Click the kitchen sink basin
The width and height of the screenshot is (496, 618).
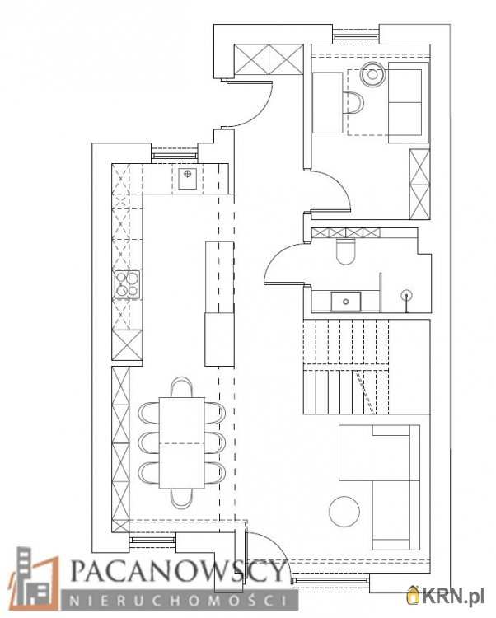[188, 179]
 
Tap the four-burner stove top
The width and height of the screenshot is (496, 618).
[127, 284]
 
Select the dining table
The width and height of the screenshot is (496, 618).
[181, 443]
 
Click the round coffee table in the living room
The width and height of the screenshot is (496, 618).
[344, 511]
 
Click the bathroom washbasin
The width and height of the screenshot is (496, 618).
[345, 302]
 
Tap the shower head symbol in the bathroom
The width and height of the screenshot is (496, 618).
[406, 295]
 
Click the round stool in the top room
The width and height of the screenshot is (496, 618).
[372, 73]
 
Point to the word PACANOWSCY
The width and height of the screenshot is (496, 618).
[179, 571]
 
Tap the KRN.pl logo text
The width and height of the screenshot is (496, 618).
[452, 597]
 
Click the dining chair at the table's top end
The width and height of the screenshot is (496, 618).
[181, 387]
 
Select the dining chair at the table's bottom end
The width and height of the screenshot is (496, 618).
[181, 498]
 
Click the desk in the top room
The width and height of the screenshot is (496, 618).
[327, 102]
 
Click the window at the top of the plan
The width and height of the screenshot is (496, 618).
[356, 37]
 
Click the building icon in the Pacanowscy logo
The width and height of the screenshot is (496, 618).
[34, 578]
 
